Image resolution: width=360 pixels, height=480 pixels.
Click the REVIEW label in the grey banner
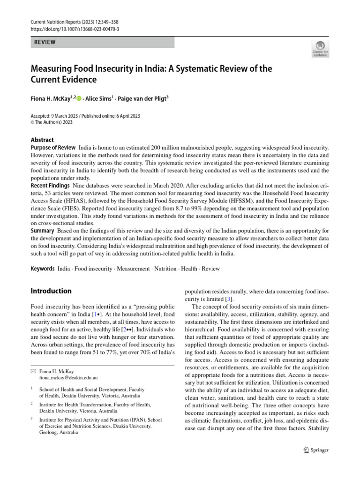(45, 42)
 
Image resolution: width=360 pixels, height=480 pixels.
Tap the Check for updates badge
(320, 49)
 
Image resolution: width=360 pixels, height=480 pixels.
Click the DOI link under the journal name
(75, 29)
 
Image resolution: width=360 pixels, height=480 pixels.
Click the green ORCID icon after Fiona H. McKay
(79, 98)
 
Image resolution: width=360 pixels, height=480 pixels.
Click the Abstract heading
(42, 140)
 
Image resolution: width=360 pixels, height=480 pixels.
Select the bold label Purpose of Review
(53, 148)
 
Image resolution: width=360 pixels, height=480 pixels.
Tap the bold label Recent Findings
(51, 186)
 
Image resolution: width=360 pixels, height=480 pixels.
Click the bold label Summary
(43, 231)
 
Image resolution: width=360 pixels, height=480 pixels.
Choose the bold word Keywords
(43, 269)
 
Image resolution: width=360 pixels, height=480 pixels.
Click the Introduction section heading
(51, 291)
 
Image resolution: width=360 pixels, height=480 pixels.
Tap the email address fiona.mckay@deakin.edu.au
(69, 377)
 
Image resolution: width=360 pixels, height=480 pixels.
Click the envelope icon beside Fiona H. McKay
(32, 371)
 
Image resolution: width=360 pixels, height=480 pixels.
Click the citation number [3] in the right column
(228, 299)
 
